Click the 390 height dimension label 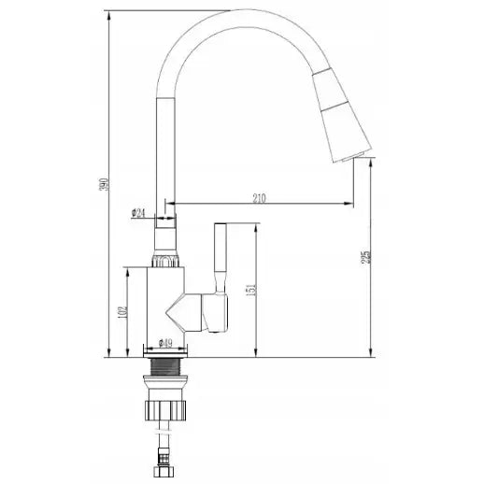point(105,184)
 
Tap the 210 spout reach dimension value point(259,198)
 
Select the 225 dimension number point(366,257)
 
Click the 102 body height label point(122,312)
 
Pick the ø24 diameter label point(138,213)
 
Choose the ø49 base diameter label point(165,343)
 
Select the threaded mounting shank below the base point(165,367)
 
